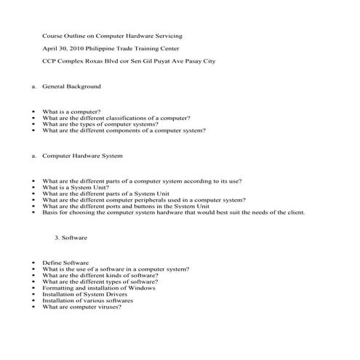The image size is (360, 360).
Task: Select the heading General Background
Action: (72, 87)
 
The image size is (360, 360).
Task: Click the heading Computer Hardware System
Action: (82, 156)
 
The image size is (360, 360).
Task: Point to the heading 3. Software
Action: (71, 238)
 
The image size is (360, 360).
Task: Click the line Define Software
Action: (65, 262)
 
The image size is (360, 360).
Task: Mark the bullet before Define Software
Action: (33, 263)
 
